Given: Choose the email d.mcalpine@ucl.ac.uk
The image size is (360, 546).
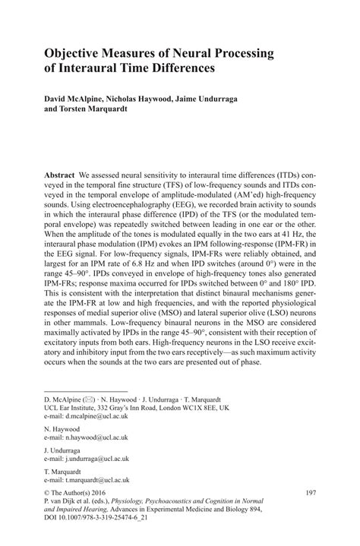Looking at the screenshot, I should [86, 417].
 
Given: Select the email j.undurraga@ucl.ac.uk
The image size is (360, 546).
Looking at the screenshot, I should [87, 459].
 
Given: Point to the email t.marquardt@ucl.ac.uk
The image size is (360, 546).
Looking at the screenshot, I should [88, 481].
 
